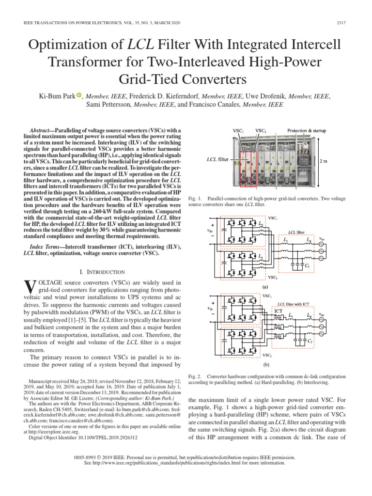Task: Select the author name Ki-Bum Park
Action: pyautogui.click(x=56, y=96)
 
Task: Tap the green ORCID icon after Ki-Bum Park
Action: pyautogui.click(x=80, y=96)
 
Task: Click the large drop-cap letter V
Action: pyautogui.click(x=30, y=289)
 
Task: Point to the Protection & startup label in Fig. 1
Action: pyautogui.click(x=307, y=131)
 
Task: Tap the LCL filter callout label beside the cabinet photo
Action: pyautogui.click(x=217, y=158)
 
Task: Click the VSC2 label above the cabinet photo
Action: pyautogui.click(x=261, y=131)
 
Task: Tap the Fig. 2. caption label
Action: pyautogui.click(x=194, y=376)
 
